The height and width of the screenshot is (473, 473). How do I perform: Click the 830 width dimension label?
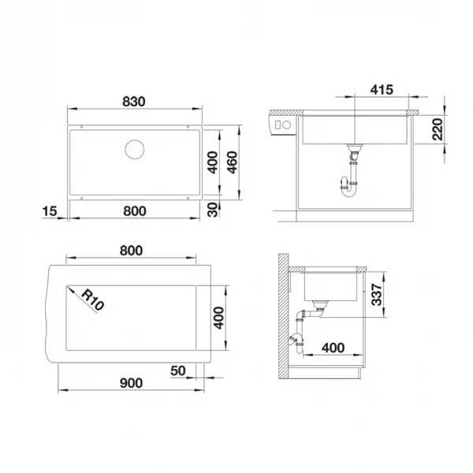point(134,102)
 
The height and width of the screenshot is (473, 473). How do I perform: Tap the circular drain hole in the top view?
point(135,149)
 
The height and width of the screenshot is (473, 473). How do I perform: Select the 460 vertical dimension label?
point(232,162)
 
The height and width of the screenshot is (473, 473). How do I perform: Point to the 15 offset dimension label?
point(49,211)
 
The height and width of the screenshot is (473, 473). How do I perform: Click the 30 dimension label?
point(213,210)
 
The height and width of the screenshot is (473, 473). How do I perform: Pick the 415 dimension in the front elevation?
point(382,90)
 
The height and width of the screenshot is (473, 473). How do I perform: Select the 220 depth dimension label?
point(438,129)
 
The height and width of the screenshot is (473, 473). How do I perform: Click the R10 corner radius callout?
point(92,300)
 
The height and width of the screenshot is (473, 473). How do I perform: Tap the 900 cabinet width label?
point(131,383)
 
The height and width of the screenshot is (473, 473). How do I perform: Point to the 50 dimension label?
point(178,371)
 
